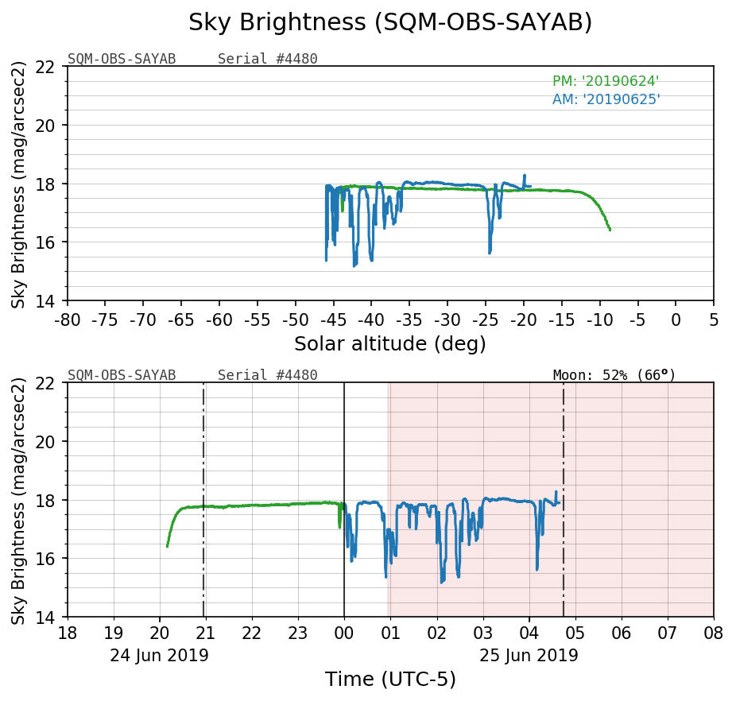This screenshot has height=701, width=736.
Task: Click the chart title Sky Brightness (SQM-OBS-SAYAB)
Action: (390, 23)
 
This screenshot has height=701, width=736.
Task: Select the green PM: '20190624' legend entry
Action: (606, 81)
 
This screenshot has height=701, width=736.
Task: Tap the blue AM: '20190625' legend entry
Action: (606, 99)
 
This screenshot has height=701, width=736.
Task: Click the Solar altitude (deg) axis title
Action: (389, 344)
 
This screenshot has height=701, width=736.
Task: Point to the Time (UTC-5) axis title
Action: (389, 680)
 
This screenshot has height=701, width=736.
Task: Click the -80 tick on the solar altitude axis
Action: (68, 320)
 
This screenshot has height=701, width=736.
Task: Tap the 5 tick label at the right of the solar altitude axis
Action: (713, 320)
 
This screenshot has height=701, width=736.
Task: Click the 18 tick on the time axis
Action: (68, 634)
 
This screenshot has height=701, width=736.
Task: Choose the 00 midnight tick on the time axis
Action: (344, 634)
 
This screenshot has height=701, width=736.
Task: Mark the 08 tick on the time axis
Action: (713, 634)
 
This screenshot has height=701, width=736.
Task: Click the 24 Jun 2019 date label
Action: (159, 656)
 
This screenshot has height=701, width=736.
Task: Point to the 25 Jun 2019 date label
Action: (529, 656)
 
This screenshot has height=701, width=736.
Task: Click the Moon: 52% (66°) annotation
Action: (614, 374)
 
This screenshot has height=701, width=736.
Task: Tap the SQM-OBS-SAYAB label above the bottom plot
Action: (122, 375)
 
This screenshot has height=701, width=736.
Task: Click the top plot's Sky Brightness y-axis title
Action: (19, 184)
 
